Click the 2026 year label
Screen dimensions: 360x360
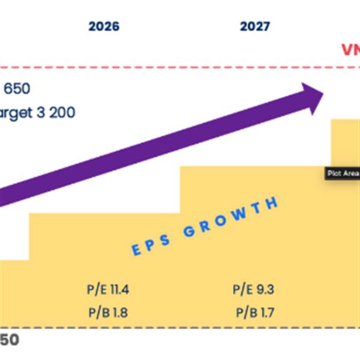(x=104, y=26)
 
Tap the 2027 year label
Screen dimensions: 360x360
(x=255, y=26)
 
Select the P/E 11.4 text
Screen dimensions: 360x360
(x=108, y=290)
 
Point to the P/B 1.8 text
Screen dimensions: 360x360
(x=108, y=313)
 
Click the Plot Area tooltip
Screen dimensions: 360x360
(x=342, y=173)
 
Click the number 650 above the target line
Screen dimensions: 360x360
(x=17, y=89)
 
